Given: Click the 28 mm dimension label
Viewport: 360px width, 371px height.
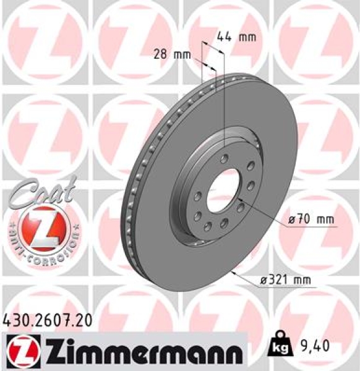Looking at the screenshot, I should point(171,54).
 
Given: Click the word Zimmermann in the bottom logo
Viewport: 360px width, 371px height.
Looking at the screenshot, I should point(135,349).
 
